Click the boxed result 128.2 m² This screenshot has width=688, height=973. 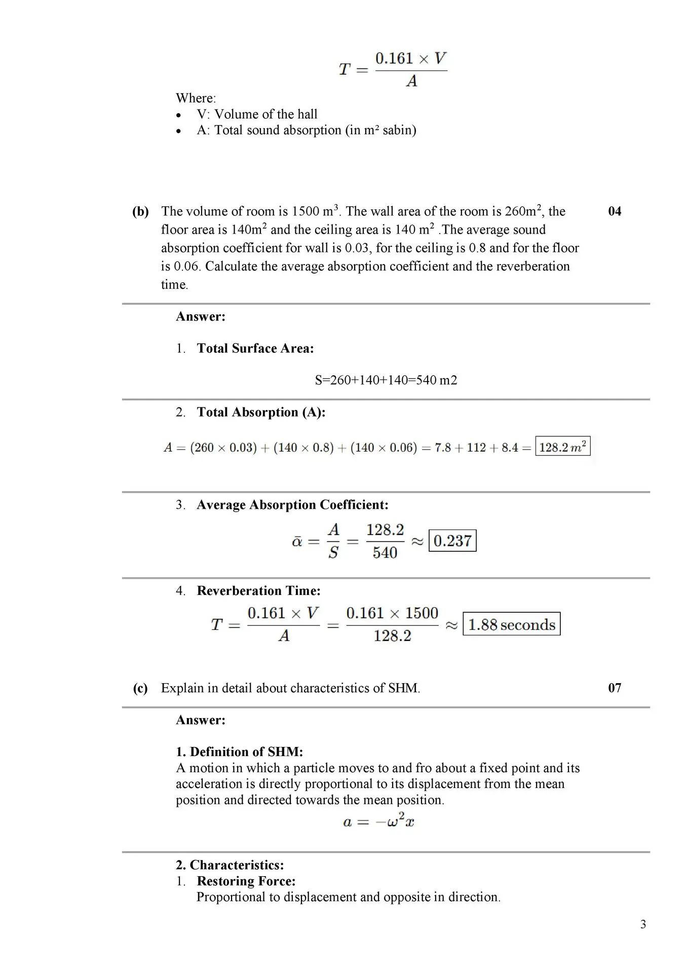click(x=562, y=447)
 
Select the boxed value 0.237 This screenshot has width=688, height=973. click(x=452, y=541)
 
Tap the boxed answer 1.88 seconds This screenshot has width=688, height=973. click(x=511, y=624)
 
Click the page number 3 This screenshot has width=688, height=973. click(x=643, y=924)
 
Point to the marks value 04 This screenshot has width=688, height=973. click(x=614, y=211)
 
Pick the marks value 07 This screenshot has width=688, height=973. click(x=614, y=688)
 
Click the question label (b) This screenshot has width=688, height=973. click(x=140, y=211)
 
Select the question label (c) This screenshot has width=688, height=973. click(x=140, y=688)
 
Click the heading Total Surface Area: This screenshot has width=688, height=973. click(x=255, y=348)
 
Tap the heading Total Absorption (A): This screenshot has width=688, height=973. click(x=261, y=412)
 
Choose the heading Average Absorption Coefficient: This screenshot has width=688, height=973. click(x=292, y=505)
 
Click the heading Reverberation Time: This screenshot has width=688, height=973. click(x=258, y=590)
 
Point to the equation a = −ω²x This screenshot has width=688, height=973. click(x=378, y=821)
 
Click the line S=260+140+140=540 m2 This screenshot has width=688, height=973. click(x=386, y=380)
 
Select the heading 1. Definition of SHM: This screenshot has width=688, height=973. click(x=239, y=752)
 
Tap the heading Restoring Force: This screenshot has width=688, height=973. click(x=246, y=881)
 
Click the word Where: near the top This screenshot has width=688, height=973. click(x=196, y=98)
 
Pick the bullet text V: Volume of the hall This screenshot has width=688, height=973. click(x=257, y=114)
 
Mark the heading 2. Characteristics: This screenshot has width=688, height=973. click(x=230, y=865)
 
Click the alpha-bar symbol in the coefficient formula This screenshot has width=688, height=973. click(x=297, y=542)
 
